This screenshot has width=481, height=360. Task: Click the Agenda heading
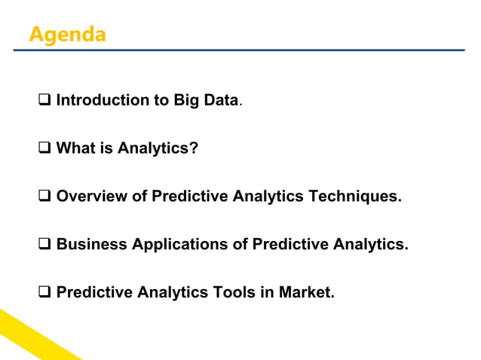click(67, 35)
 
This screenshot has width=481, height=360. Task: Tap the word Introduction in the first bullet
click(100, 100)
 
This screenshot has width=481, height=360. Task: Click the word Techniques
click(356, 197)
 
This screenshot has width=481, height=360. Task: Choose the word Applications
click(181, 245)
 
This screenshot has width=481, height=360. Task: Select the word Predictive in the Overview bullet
click(189, 197)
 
